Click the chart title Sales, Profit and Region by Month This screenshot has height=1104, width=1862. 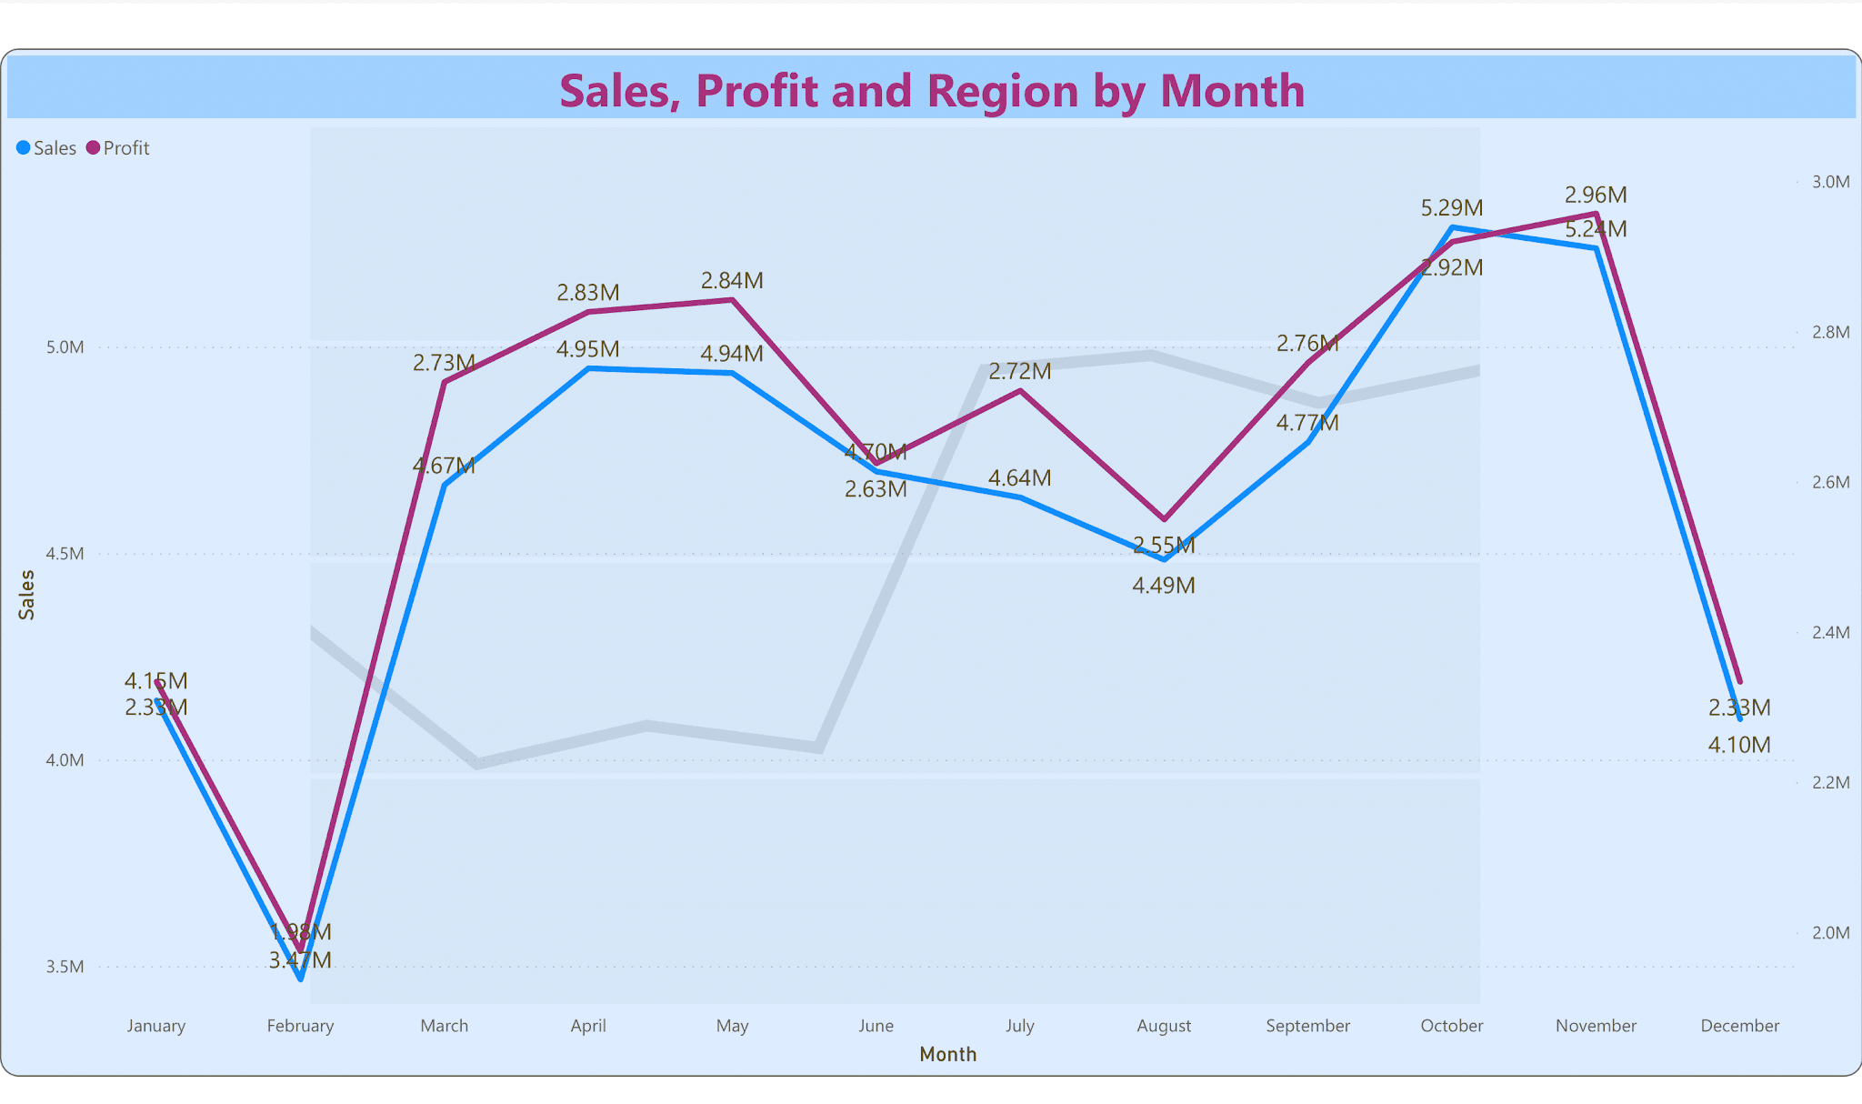(931, 90)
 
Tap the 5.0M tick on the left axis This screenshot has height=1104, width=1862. (65, 347)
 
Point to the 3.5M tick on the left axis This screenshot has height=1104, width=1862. (65, 967)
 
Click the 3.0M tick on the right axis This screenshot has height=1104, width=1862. (1830, 182)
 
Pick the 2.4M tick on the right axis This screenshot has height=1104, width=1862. (1830, 632)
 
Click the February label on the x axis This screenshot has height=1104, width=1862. (300, 1026)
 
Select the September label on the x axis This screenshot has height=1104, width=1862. (1307, 1026)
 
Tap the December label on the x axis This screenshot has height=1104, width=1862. (1739, 1026)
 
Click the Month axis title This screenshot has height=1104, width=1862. (947, 1054)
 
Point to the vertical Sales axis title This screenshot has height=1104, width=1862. (27, 595)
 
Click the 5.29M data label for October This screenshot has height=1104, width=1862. (1451, 208)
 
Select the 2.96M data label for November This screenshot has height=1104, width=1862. (1596, 195)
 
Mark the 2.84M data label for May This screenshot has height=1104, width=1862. (732, 281)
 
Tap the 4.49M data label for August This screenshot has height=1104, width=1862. (1163, 586)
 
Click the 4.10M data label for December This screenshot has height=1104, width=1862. (1739, 746)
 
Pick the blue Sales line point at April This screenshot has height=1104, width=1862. (588, 368)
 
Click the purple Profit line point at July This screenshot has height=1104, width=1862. (1020, 391)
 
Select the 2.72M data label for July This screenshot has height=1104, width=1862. (1019, 371)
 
